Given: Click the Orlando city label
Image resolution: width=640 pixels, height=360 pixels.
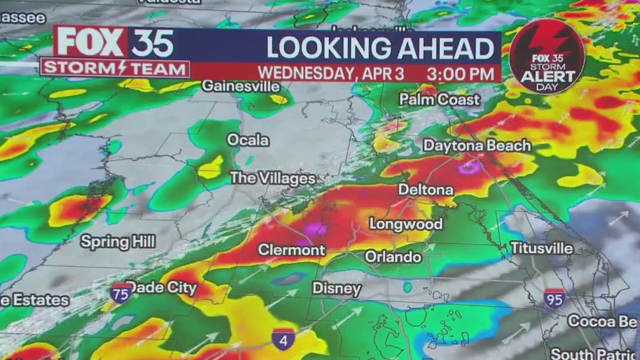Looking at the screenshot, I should point(392,257).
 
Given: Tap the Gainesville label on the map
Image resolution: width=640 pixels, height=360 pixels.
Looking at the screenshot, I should point(241,86).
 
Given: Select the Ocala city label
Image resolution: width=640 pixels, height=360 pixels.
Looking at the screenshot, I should point(248,140).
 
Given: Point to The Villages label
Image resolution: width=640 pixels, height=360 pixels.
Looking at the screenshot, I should point(273,178).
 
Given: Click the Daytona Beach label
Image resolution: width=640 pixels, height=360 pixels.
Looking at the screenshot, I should point(477,145).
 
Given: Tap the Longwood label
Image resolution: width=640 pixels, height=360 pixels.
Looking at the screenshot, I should point(406,223).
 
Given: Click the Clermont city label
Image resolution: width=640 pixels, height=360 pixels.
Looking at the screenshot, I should point(291,250).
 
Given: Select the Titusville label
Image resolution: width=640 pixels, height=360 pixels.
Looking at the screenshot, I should point(542,248).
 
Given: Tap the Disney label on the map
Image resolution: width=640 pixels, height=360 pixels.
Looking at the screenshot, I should point(337,289).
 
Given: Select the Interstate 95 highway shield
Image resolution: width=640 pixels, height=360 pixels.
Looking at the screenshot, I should point(554,298).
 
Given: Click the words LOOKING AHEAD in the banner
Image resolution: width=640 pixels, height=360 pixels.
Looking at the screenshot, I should point(380,49).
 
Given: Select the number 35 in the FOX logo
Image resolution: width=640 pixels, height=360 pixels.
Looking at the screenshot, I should point(152,44).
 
